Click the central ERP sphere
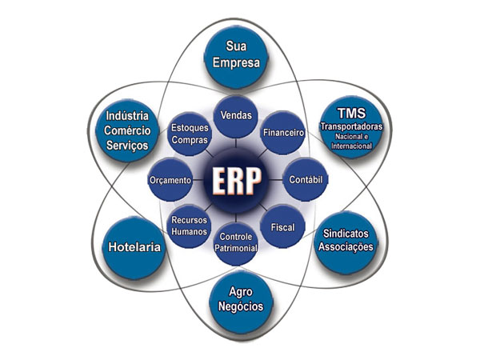[236, 180]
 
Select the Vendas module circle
[236, 116]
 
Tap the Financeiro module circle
[283, 133]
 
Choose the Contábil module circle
[306, 179]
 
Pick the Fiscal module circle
[282, 227]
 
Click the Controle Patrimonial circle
[236, 244]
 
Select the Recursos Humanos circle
[189, 226]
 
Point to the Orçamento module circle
[170, 180]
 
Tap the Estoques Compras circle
[190, 134]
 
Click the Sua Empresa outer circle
[236, 57]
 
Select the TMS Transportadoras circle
[352, 127]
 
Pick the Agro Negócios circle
[241, 301]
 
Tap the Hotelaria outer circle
[134, 247]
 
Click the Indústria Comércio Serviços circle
[127, 130]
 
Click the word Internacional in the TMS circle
[351, 146]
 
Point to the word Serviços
[127, 146]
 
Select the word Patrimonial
[236, 248]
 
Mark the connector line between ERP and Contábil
[276, 180]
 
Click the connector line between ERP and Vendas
[236, 143]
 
